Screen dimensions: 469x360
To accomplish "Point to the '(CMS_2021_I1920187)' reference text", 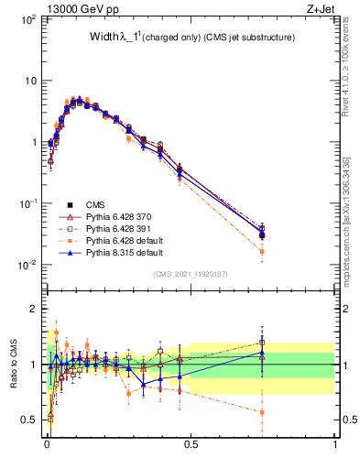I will tap(190, 273).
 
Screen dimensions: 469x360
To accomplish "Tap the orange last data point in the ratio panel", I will tap(263, 412).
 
